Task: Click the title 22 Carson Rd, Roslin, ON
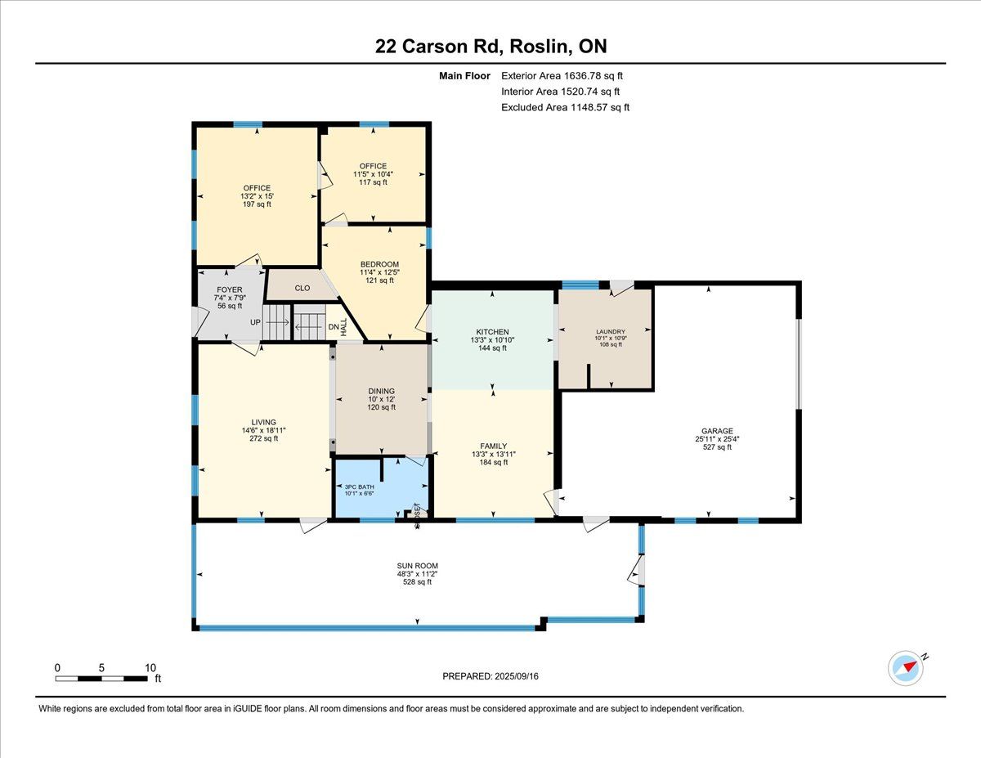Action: tap(490, 47)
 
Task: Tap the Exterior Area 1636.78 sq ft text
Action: tap(562, 76)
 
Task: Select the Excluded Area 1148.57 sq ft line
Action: tap(565, 107)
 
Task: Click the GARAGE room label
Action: tap(717, 431)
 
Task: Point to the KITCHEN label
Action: tap(492, 332)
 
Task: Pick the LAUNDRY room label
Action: tap(611, 331)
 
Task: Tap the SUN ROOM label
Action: tap(417, 566)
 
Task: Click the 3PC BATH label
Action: tap(360, 487)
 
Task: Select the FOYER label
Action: tap(230, 289)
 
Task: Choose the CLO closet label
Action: tap(302, 288)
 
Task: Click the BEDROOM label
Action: tap(379, 264)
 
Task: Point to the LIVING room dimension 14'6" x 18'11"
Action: tap(264, 430)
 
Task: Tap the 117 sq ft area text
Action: tap(373, 182)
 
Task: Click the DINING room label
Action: tap(382, 391)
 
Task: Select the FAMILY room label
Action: tap(494, 446)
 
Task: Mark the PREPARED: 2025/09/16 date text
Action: tap(490, 676)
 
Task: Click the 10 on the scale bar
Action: tap(150, 668)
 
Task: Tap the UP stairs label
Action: tap(255, 322)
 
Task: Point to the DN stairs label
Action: tap(334, 327)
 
